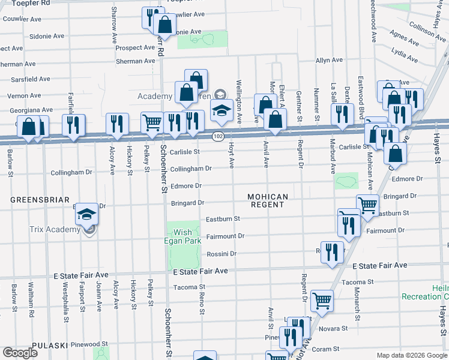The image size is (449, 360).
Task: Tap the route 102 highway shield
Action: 218,137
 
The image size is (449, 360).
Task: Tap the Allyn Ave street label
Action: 329,61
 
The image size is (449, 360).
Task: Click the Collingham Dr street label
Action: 191,169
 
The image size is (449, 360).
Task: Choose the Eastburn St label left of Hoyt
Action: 223,219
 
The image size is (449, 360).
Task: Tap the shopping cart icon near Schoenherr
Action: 152,122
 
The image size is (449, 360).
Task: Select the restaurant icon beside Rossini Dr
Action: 331,252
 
